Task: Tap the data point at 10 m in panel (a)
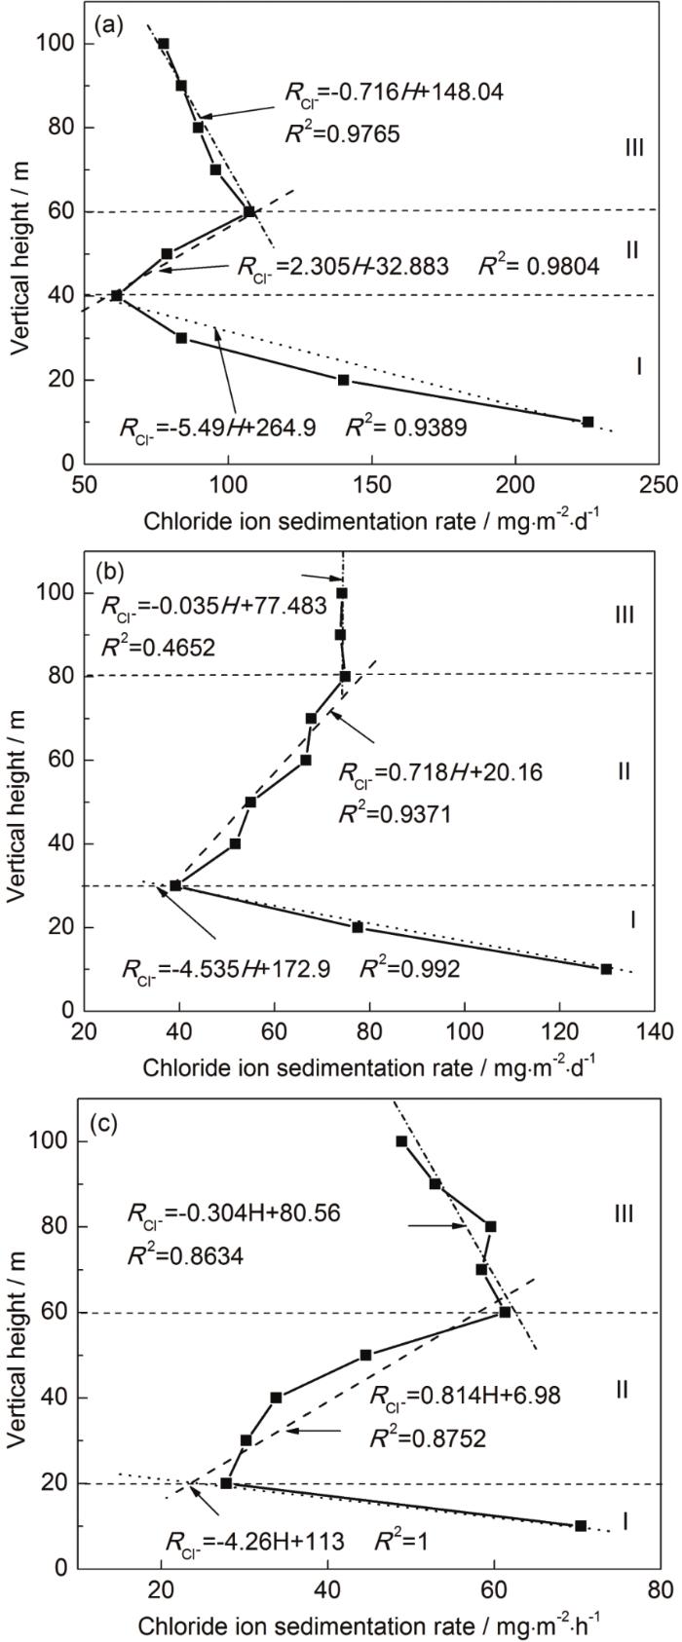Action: point(587,422)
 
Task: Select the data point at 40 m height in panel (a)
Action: point(117,295)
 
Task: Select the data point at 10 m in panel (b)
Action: point(606,969)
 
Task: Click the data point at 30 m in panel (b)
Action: point(175,885)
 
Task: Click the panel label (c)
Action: point(104,1124)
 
